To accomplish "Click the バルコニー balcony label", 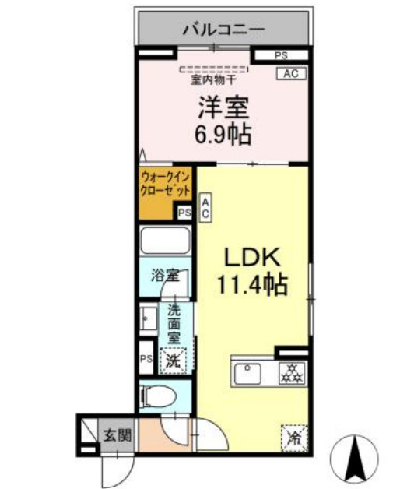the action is tap(223, 30).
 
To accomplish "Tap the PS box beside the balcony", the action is tap(281, 55).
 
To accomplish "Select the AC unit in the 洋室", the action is tap(291, 74).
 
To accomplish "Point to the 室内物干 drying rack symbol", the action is tap(214, 69).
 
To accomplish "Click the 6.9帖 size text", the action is tap(223, 135).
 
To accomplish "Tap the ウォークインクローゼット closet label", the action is tap(165, 184).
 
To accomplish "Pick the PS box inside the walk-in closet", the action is tap(184, 213).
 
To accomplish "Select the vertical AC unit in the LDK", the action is tap(205, 207).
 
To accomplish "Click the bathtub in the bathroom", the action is tap(165, 241).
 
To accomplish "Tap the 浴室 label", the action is tap(165, 276).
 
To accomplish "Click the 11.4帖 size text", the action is tap(252, 284).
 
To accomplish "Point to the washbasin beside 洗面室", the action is tap(148, 318).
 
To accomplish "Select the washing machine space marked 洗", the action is tap(173, 361).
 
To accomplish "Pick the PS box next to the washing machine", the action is tap(146, 358).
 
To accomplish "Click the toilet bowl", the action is tap(158, 396).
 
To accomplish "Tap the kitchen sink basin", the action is tap(247, 374).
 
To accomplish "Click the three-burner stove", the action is tap(292, 373).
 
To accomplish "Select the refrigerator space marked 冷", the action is tap(294, 438).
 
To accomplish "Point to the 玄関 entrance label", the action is tap(118, 435).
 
